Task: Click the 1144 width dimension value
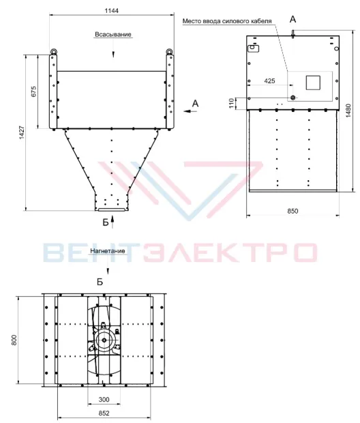coord(111,11)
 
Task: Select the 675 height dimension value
coord(33,92)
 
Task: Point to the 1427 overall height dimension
coord(22,132)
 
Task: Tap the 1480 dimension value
coord(348,111)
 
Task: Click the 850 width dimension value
coord(292,211)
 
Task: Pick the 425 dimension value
coord(269,81)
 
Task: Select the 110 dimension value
coord(232,103)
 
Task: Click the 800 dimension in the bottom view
coord(14,340)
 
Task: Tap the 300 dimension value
coord(104,399)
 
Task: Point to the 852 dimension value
coord(104,413)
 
